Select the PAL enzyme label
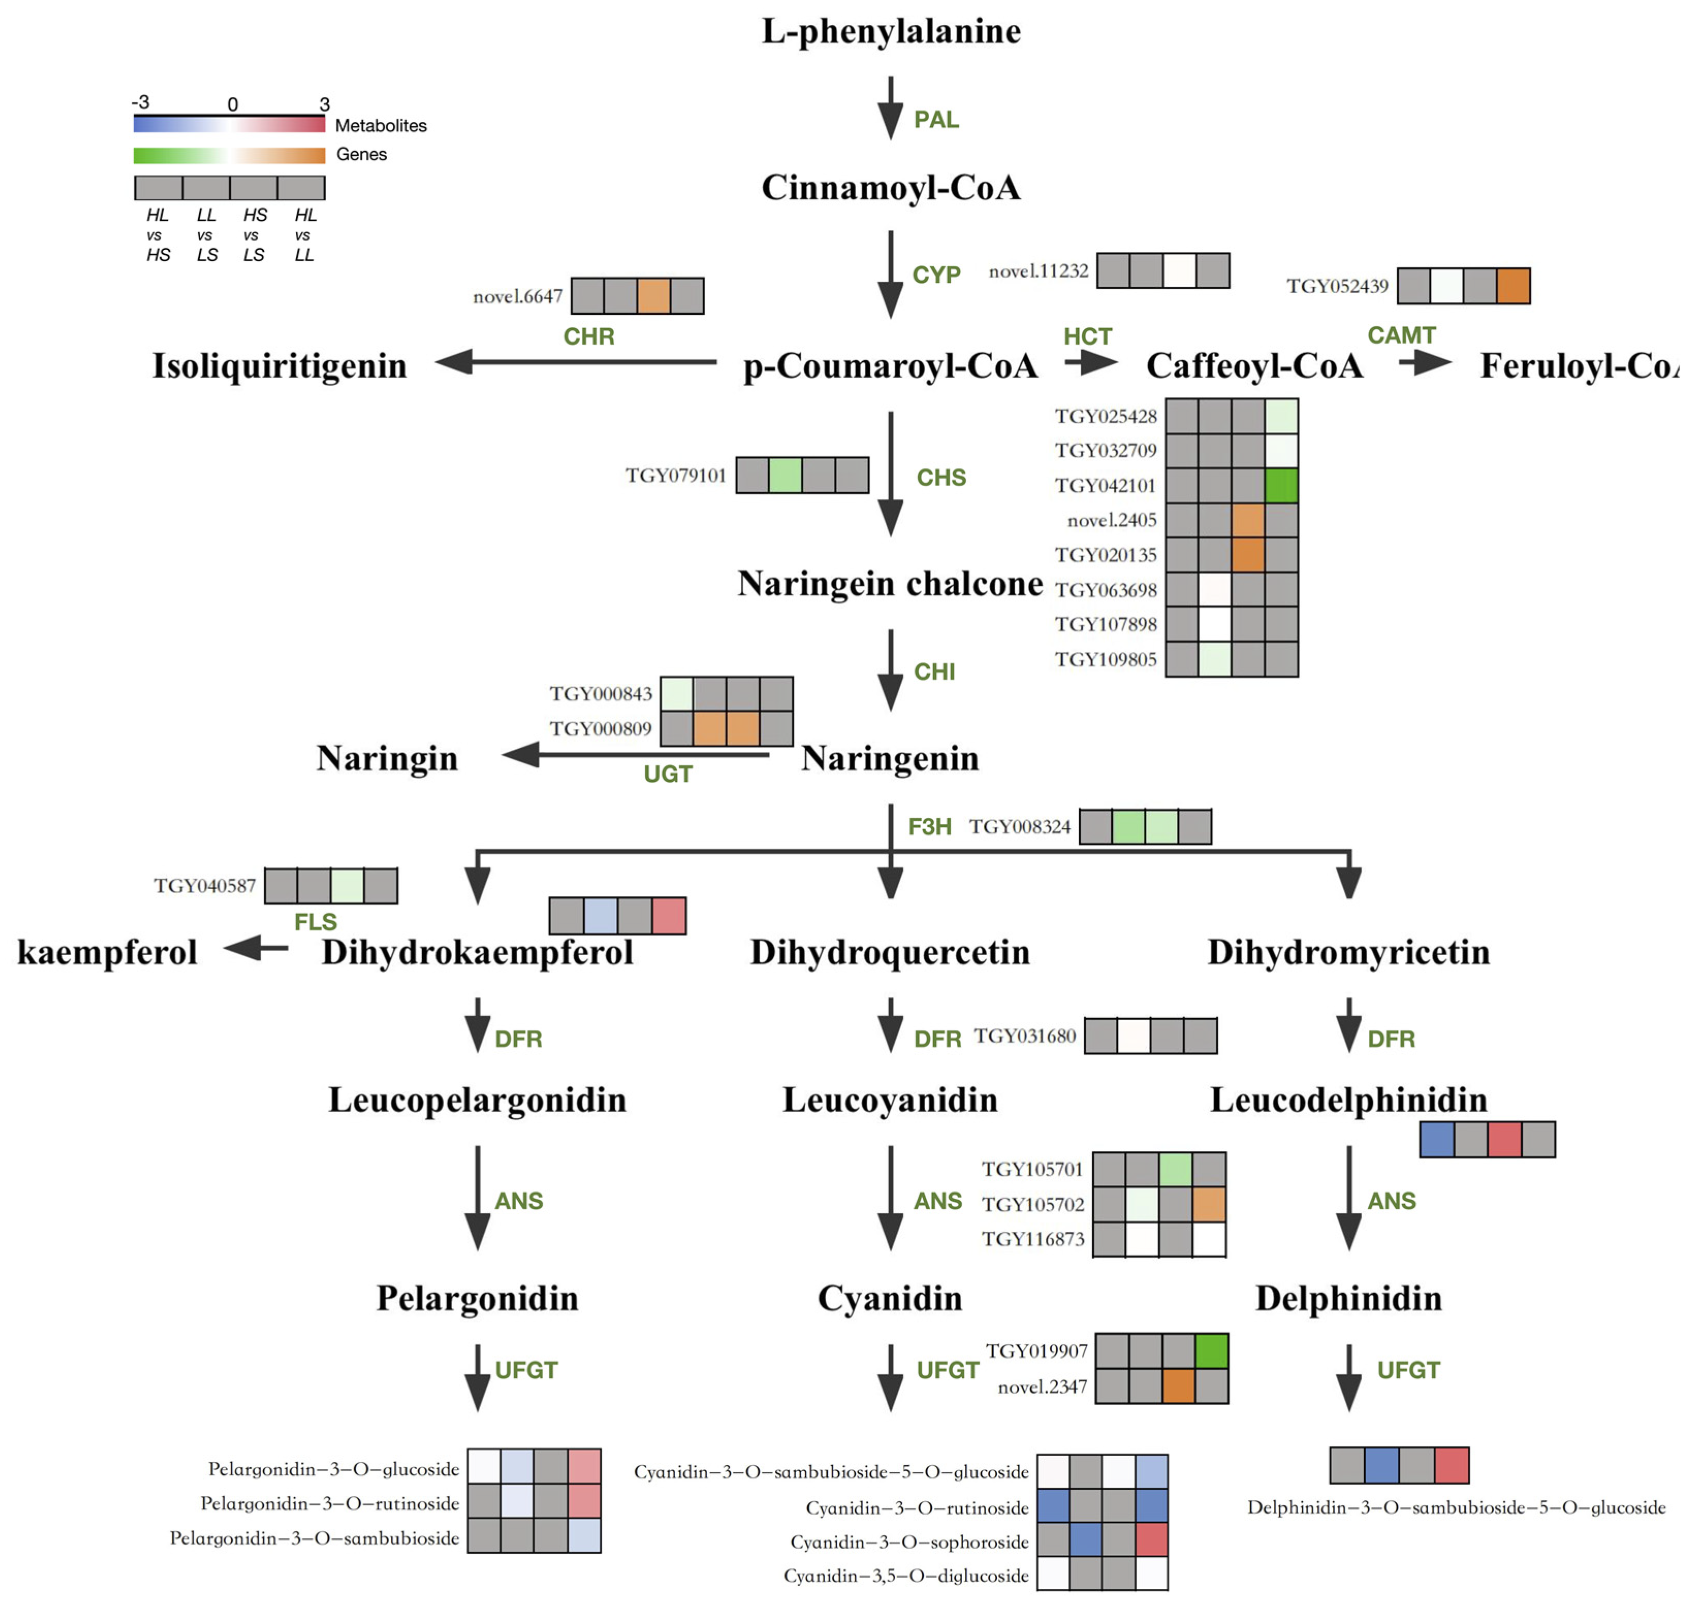click(x=936, y=119)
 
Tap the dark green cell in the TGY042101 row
click(x=1281, y=485)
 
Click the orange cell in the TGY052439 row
click(x=1512, y=286)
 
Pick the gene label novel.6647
click(x=518, y=296)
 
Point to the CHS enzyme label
click(x=941, y=477)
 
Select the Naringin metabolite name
click(x=387, y=759)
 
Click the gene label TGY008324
click(x=1020, y=827)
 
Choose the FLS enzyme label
click(x=315, y=922)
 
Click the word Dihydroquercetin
click(x=890, y=952)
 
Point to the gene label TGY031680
click(x=1025, y=1036)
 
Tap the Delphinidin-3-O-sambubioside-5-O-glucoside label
click(x=1456, y=1508)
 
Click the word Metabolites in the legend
click(x=380, y=125)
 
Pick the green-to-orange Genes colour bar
click(x=229, y=155)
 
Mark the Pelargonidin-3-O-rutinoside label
click(x=330, y=1504)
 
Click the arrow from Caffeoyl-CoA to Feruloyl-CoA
click(x=1425, y=362)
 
